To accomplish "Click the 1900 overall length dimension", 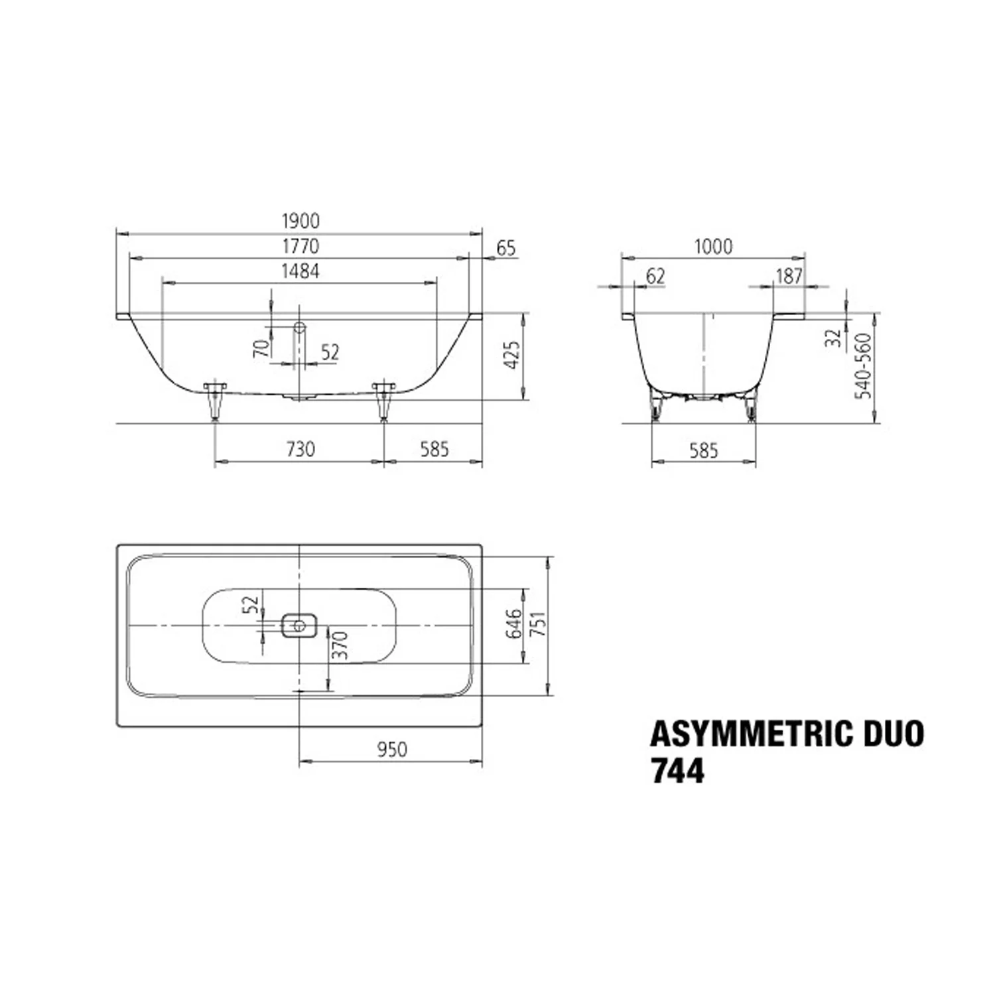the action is coord(300,220).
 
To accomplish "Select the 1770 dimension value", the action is coord(300,246).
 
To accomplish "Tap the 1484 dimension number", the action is coord(300,271).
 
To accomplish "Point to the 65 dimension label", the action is coord(506,248).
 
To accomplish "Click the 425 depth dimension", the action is coord(512,356).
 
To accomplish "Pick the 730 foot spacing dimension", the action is coord(300,449).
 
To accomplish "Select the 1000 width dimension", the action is coord(714,247).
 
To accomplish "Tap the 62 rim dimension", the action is coord(655,276).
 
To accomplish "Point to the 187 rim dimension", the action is coord(789,276).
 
